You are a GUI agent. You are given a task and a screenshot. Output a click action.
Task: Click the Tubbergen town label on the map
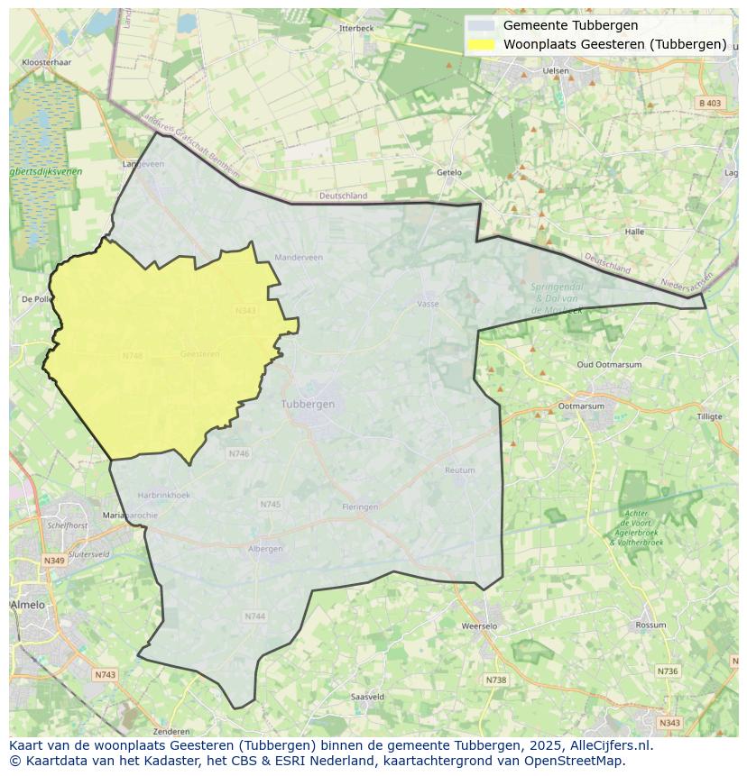pyautogui.click(x=308, y=404)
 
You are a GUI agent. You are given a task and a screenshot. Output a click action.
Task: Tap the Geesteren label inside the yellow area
pyautogui.click(x=199, y=354)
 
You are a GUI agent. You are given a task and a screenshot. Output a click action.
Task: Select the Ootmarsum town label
pyautogui.click(x=581, y=406)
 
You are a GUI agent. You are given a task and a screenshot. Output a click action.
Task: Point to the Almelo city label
pyautogui.click(x=28, y=605)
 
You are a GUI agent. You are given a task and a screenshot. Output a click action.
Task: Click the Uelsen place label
pyautogui.click(x=557, y=70)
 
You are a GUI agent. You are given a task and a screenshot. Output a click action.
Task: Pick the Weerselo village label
pyautogui.click(x=479, y=625)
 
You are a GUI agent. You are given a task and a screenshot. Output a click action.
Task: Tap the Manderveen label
pyautogui.click(x=298, y=257)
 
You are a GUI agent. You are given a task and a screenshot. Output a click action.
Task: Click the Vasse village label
pyautogui.click(x=428, y=304)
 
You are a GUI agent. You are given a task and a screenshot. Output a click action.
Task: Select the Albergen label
pyautogui.click(x=265, y=549)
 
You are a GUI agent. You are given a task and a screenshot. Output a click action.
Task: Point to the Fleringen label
pyautogui.click(x=360, y=507)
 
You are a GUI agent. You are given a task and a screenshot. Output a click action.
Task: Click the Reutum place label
pyautogui.click(x=459, y=470)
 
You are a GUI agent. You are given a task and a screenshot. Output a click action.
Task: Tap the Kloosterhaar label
pyautogui.click(x=46, y=63)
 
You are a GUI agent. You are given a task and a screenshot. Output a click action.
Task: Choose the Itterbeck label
pyautogui.click(x=356, y=28)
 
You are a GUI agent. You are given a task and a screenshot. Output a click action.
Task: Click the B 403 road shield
pyautogui.click(x=710, y=104)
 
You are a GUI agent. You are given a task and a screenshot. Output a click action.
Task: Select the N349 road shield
pyautogui.click(x=54, y=561)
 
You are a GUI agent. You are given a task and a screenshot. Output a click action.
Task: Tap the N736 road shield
pyautogui.click(x=667, y=671)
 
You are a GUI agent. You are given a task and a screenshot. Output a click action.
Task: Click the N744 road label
pyautogui.click(x=254, y=616)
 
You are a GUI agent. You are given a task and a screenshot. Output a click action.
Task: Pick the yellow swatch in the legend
pyautogui.click(x=482, y=44)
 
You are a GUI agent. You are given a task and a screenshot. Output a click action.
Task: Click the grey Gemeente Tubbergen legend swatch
pyautogui.click(x=482, y=26)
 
